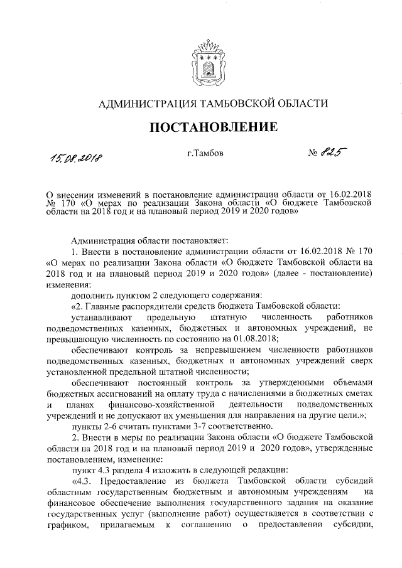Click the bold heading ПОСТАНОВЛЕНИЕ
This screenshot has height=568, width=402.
(214, 127)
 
